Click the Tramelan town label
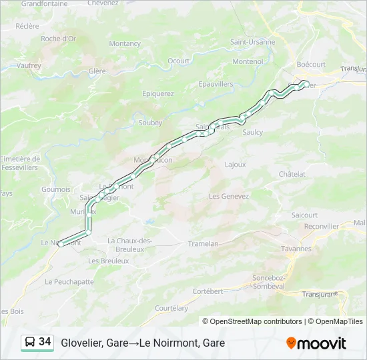click(x=203, y=244)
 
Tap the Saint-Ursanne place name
click(x=252, y=41)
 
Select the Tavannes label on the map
click(x=296, y=249)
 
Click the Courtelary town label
click(x=171, y=308)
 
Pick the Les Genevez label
click(x=229, y=196)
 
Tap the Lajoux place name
click(x=235, y=164)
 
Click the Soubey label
click(x=150, y=123)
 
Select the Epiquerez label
click(x=158, y=93)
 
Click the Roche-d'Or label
click(x=59, y=39)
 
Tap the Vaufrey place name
click(x=29, y=65)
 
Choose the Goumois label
click(x=55, y=189)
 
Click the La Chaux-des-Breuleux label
click(x=130, y=244)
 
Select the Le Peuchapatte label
click(x=69, y=282)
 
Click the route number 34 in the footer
click(x=45, y=342)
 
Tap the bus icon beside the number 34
click(x=30, y=343)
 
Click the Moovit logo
click(x=316, y=343)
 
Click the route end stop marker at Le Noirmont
click(x=61, y=244)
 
